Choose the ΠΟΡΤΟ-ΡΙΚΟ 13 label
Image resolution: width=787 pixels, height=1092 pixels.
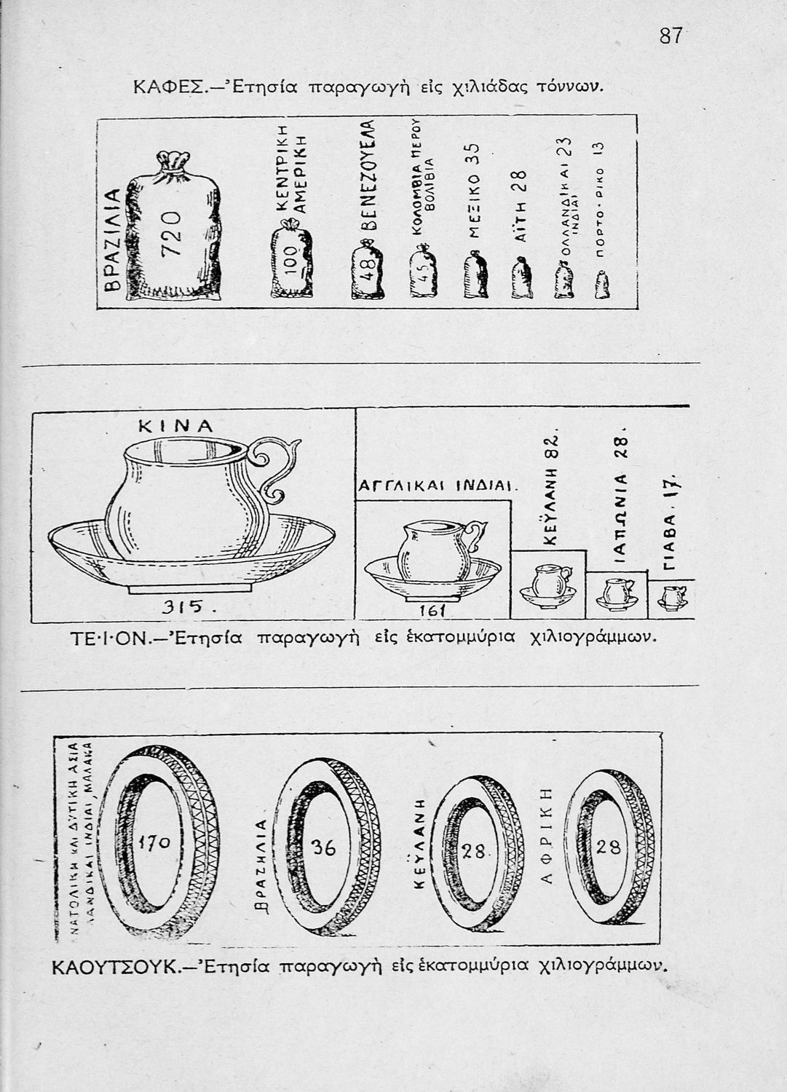pyautogui.click(x=598, y=207)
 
